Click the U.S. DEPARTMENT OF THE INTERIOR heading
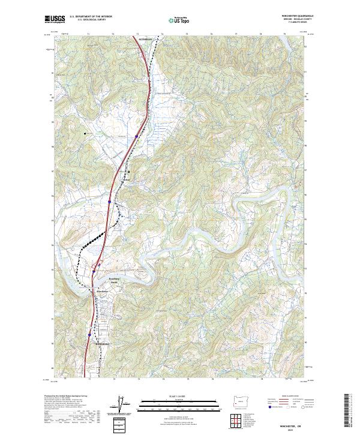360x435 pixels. coord(91,16)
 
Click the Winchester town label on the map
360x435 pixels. coord(102,292)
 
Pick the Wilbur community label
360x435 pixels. coord(126,179)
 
